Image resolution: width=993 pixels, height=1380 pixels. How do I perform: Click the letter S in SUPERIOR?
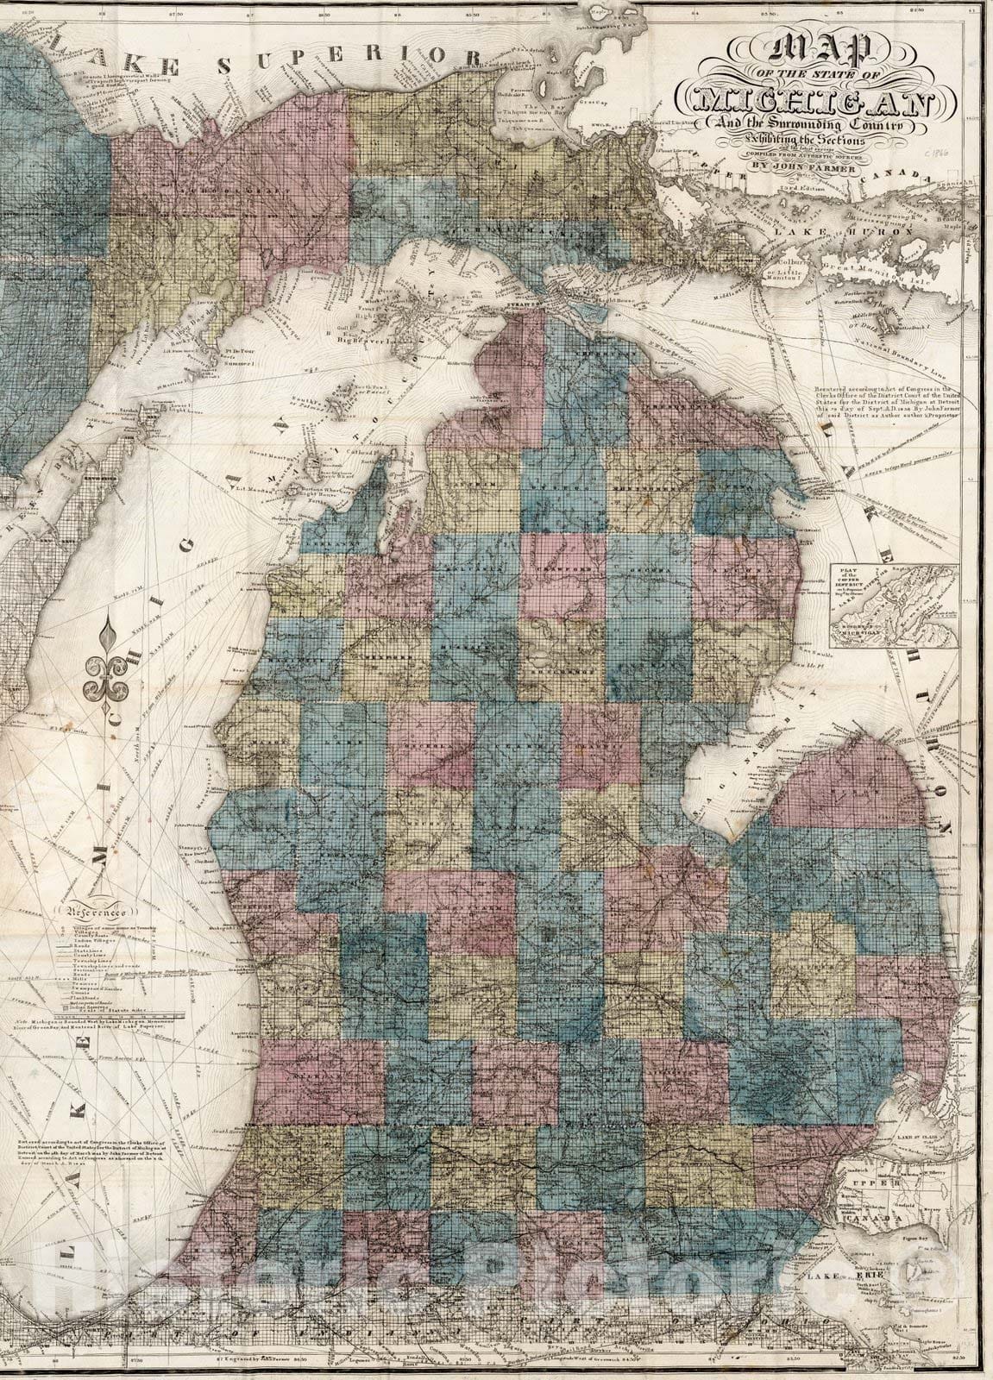pyautogui.click(x=226, y=66)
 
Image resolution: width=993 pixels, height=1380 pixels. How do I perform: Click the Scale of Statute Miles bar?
pyautogui.click(x=95, y=1014)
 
